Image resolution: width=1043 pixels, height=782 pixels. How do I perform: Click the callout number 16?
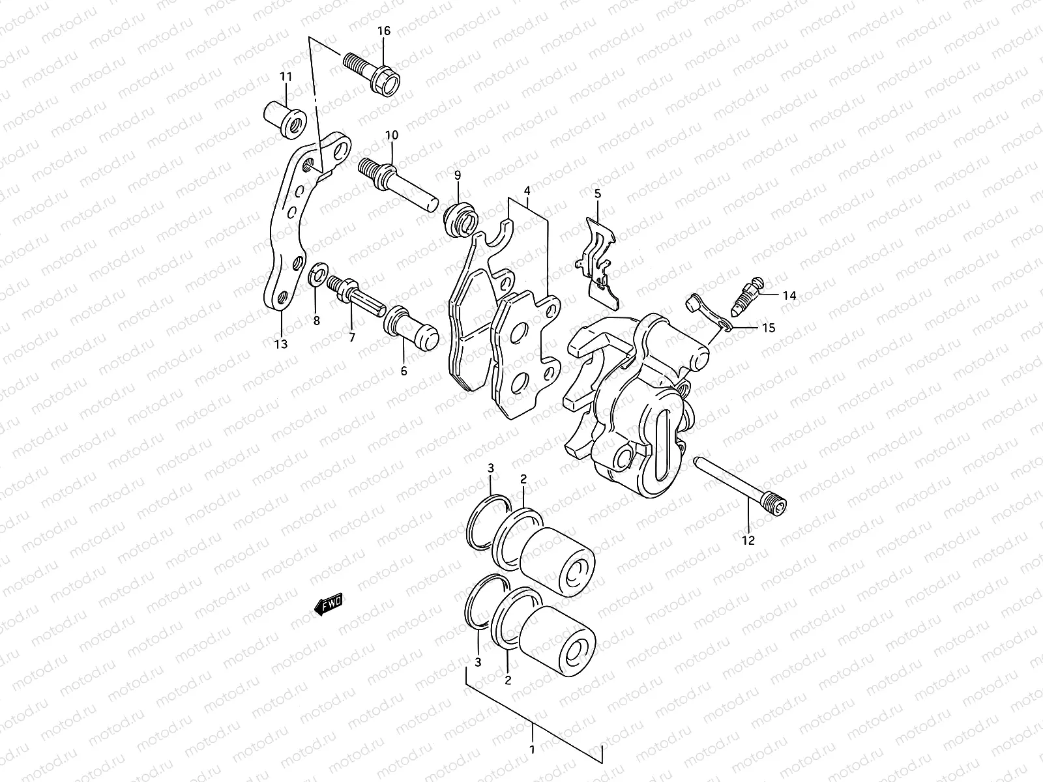(383, 31)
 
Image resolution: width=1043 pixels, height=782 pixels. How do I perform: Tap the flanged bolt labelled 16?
(374, 73)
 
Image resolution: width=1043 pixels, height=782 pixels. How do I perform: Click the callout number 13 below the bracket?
(281, 344)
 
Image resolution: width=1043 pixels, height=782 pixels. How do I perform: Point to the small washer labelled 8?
(320, 272)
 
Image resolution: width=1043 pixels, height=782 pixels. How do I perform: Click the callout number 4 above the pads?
(527, 191)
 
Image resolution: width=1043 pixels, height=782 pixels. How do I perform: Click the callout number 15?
(769, 328)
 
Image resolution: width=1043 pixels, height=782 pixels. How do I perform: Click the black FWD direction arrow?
(329, 605)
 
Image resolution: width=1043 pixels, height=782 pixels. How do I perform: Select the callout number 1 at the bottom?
(532, 749)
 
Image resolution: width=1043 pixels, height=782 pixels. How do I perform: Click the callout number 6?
(404, 371)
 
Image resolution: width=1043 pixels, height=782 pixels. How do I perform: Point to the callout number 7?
(352, 337)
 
